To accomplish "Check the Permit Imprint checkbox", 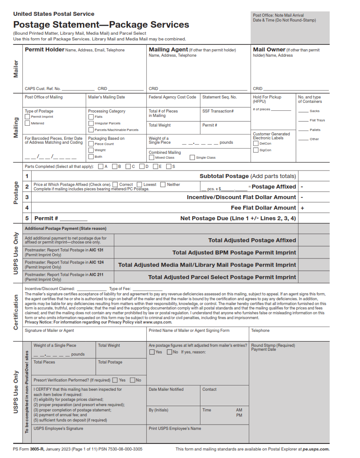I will [x=27, y=117].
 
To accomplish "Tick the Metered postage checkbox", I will [x=27, y=124].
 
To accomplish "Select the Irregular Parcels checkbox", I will [x=91, y=124].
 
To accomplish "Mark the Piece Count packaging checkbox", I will [x=91, y=144].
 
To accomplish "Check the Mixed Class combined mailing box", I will [x=151, y=157].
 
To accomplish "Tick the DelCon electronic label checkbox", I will [x=255, y=143].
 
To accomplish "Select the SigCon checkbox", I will [x=255, y=150].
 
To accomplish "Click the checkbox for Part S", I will [x=167, y=167].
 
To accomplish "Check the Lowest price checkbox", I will [x=139, y=185].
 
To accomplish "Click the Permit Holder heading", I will [x=44, y=50].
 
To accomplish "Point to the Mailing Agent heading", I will [x=168, y=50].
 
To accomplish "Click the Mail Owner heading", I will [x=269, y=50].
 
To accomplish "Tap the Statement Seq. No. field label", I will [x=219, y=97].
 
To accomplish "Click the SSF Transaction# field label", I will [x=218, y=111].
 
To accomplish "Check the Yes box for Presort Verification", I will [x=115, y=380].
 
